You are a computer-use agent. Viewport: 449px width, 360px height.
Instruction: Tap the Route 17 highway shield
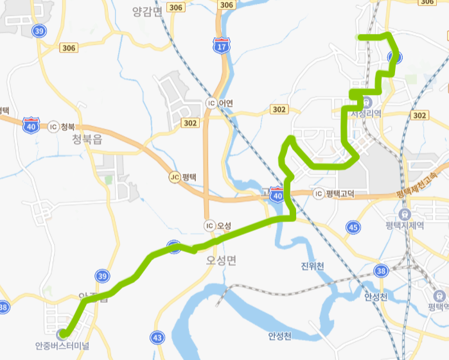pos(222,46)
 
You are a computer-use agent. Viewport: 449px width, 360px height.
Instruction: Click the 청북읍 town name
pos(87,140)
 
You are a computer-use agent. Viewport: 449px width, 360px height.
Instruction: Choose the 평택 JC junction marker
pos(183,176)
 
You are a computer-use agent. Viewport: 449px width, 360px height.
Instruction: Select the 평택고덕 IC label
pos(335,193)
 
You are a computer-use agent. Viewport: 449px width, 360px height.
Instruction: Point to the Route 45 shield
pos(353,227)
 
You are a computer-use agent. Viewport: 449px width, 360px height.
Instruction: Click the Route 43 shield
pos(157,337)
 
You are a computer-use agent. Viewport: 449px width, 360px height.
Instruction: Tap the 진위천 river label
pos(313,266)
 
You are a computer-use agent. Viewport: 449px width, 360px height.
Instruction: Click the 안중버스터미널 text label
pos(62,346)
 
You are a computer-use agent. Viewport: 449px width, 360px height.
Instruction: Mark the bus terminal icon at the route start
pos(62,334)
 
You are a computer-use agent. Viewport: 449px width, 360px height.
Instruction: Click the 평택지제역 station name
pos(405,225)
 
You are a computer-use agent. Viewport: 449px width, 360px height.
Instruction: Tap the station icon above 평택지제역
pos(405,214)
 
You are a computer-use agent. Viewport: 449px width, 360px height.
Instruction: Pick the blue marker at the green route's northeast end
pos(395,58)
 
